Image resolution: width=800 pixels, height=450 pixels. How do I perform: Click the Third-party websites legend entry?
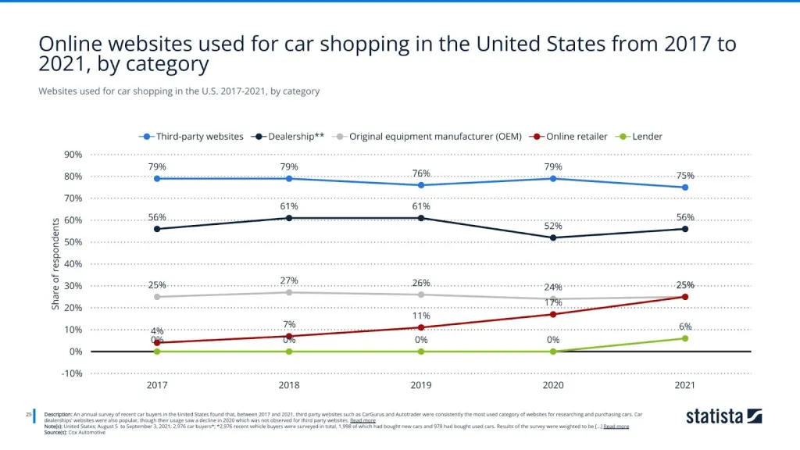click(x=194, y=136)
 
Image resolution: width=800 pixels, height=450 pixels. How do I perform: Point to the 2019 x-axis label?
click(x=421, y=385)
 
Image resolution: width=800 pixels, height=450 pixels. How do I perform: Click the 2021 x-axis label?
click(x=685, y=385)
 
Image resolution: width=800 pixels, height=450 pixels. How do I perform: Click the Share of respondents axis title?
click(x=56, y=263)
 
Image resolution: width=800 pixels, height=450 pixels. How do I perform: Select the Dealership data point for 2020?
click(x=553, y=237)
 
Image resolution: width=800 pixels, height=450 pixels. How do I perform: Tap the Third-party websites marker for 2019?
click(x=421, y=185)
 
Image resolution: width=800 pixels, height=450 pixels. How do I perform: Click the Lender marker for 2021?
click(x=685, y=338)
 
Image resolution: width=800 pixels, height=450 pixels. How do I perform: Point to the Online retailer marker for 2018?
click(x=289, y=336)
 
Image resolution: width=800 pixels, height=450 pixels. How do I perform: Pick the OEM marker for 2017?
click(x=157, y=297)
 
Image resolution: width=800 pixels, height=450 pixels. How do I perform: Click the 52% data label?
click(x=553, y=226)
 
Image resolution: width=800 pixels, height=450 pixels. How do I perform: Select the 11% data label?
click(x=421, y=316)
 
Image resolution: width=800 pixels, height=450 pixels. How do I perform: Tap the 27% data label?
click(x=289, y=280)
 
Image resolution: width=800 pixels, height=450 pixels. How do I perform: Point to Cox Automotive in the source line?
click(x=88, y=432)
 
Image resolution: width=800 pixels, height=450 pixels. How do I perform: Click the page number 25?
click(x=29, y=414)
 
